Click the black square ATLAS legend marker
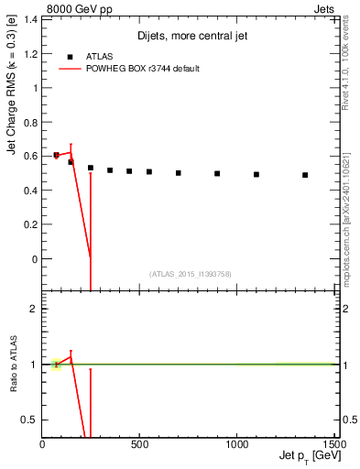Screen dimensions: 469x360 click(x=71, y=56)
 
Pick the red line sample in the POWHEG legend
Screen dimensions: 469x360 click(x=71, y=69)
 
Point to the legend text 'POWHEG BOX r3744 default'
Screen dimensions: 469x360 click(x=145, y=69)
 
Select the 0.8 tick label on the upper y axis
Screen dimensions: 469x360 click(x=30, y=122)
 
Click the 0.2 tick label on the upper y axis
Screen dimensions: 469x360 click(x=30, y=224)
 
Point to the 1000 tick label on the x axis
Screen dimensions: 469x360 click(x=236, y=446)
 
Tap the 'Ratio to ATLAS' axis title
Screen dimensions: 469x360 click(x=13, y=365)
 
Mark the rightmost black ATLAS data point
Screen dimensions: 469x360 click(x=305, y=175)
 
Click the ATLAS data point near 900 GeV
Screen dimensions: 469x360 click(x=217, y=173)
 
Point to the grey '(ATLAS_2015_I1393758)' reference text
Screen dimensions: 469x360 click(x=190, y=274)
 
